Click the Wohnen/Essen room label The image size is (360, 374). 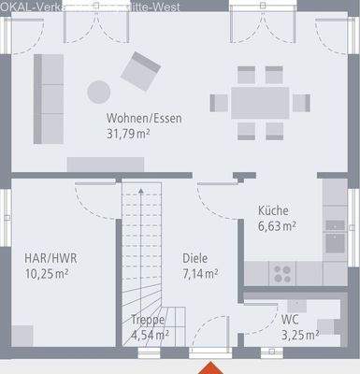pyautogui.click(x=144, y=118)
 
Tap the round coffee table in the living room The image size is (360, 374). pyautogui.click(x=98, y=92)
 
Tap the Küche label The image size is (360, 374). pyautogui.click(x=274, y=211)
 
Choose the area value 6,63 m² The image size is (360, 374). pyautogui.click(x=276, y=225)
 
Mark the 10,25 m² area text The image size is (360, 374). pyautogui.click(x=46, y=274)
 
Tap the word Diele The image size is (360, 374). pyautogui.click(x=195, y=259)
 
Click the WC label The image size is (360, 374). pyautogui.click(x=290, y=319)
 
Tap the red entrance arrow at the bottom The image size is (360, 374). pyautogui.click(x=214, y=367)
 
